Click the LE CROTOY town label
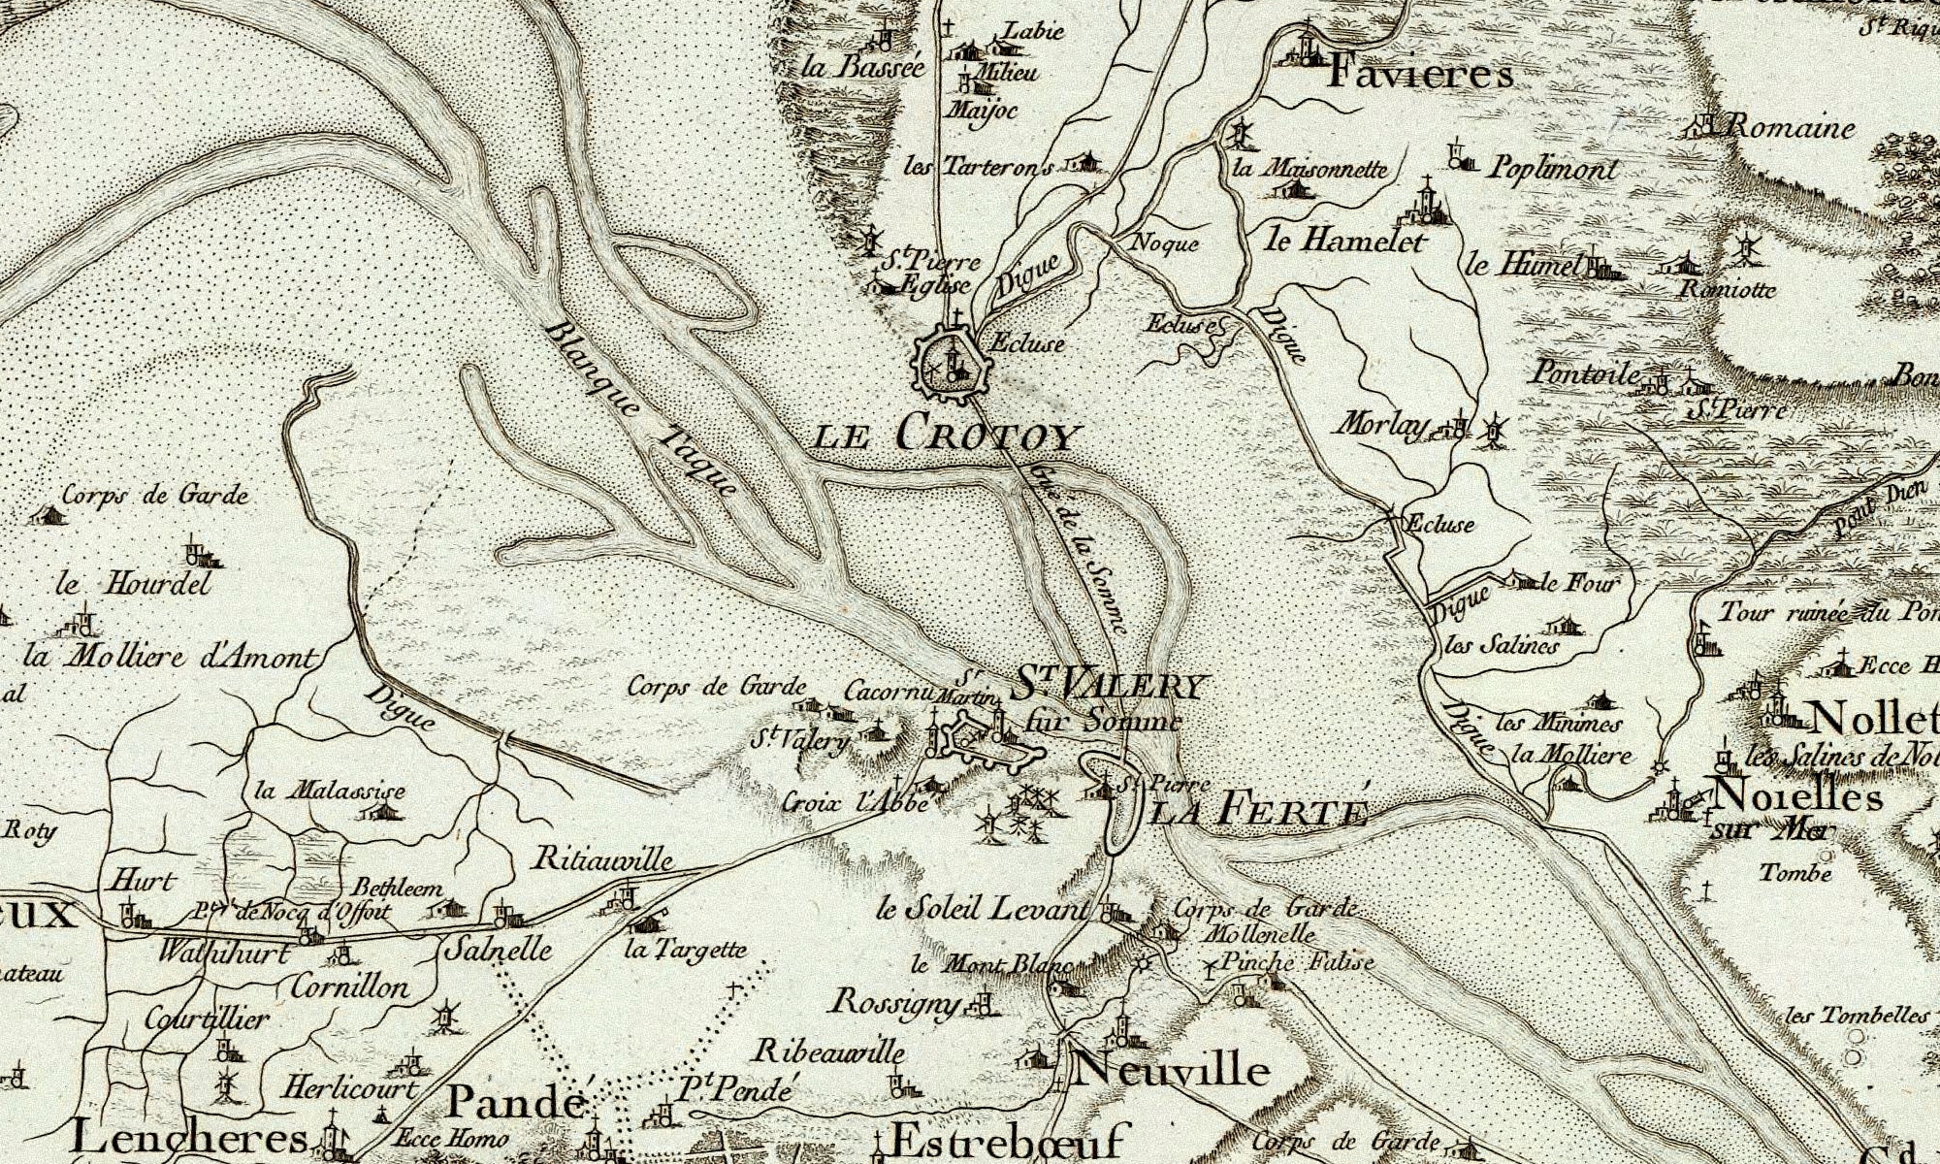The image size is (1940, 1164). pos(946,434)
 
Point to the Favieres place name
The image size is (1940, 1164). pos(1419,74)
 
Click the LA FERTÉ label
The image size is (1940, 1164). pos(1258,810)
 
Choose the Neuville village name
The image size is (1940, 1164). pos(1171,1071)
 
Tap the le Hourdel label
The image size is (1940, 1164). pos(133,585)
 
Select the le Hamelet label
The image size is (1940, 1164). pos(1344,240)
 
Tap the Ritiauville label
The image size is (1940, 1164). pos(602,859)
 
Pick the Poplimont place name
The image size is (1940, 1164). pos(1553,169)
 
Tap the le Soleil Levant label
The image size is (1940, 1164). pos(982,910)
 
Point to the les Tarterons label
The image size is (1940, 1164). pos(978,167)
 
